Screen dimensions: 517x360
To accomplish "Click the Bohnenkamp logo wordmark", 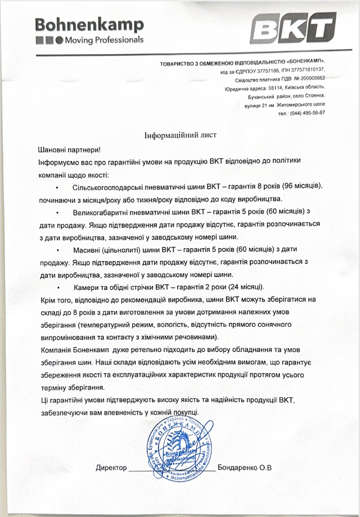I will click(89, 24).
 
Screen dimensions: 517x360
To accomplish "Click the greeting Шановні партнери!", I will click(68, 150).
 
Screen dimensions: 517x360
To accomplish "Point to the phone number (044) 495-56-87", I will click(307, 113).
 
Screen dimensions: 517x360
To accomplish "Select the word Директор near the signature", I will click(111, 467).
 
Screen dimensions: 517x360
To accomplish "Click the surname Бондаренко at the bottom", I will click(240, 467).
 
